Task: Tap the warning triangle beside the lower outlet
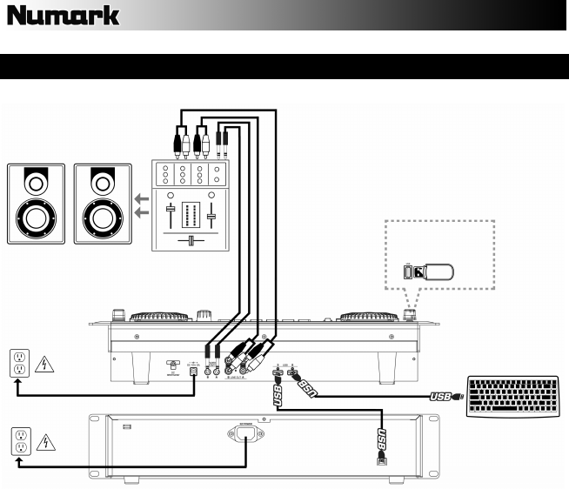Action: point(44,443)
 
